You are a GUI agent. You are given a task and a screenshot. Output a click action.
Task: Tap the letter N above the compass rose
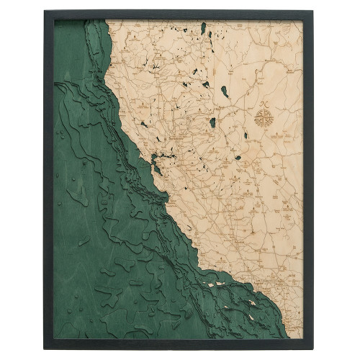click(260, 104)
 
